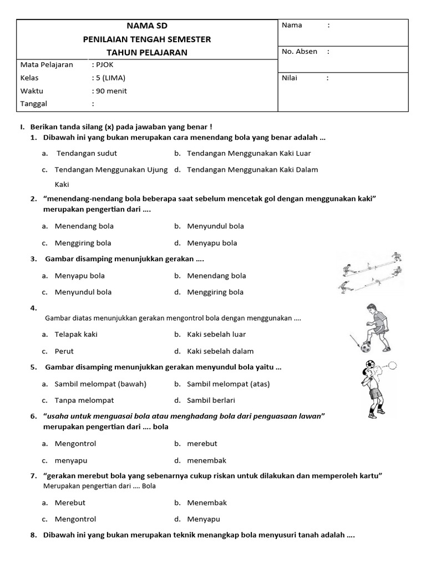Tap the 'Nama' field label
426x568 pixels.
pos(292,25)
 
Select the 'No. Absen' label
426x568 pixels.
pos(300,52)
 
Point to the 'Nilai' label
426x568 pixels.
pos(290,78)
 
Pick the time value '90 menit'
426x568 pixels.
pos(111,91)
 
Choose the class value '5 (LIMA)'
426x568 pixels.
pos(111,78)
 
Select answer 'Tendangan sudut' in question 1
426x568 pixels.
pos(87,153)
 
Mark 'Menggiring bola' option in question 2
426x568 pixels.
pos(83,243)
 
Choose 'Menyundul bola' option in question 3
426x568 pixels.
pos(83,292)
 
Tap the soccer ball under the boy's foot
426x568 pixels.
pos(366,347)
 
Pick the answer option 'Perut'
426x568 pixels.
pos(64,351)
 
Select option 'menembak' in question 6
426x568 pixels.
pos(207,460)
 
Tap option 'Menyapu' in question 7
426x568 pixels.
pos(204,519)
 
